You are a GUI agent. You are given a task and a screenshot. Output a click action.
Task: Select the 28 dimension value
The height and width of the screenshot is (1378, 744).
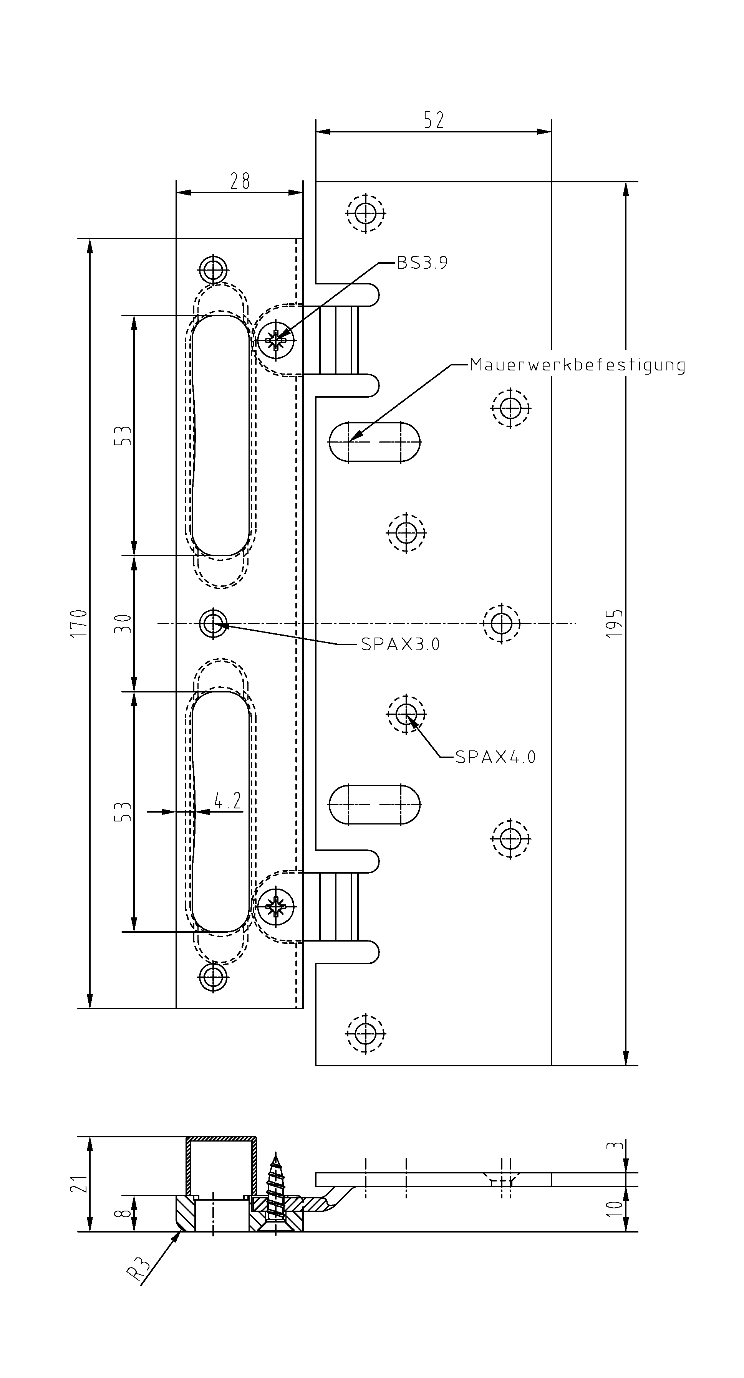coord(240,181)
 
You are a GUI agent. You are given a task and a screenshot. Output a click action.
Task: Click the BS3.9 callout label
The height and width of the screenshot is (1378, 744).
coord(422,263)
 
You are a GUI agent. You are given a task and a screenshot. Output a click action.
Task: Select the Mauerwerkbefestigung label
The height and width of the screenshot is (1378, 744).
coord(578,365)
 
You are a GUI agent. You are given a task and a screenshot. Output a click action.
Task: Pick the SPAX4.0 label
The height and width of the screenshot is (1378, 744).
coord(495,757)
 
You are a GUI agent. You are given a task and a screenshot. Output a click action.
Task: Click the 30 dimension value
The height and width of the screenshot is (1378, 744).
coord(124,623)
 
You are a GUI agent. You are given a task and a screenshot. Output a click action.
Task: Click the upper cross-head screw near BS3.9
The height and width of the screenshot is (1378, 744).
coord(276,340)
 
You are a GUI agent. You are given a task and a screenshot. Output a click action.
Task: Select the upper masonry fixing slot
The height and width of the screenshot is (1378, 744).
coord(374,442)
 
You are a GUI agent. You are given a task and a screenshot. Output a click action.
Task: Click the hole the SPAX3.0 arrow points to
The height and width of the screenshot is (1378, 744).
coord(214,623)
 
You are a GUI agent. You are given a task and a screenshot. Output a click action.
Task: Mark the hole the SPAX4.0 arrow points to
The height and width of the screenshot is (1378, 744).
coord(406,713)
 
